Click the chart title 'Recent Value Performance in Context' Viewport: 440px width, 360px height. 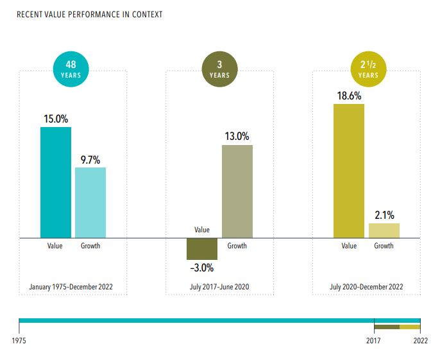pyautogui.click(x=89, y=14)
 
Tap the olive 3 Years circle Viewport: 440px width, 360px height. pyautogui.click(x=219, y=69)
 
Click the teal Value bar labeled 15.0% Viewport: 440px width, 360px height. pyautogui.click(x=56, y=182)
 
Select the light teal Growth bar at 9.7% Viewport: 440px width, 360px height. pyautogui.click(x=90, y=202)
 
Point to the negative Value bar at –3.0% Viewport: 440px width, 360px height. pyautogui.click(x=202, y=249)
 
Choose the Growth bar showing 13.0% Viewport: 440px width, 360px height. pyautogui.click(x=237, y=191)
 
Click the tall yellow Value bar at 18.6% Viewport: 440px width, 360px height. pyautogui.click(x=349, y=171)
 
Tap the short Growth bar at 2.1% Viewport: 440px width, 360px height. pyautogui.click(x=384, y=231)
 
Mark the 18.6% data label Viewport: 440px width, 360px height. pyautogui.click(x=349, y=96)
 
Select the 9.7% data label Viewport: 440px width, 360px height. pyautogui.click(x=90, y=160)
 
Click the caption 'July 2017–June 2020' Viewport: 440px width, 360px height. pyautogui.click(x=219, y=286)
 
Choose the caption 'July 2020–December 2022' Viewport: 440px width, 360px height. pyautogui.click(x=366, y=286)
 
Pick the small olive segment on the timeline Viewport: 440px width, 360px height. pyautogui.click(x=387, y=327)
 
